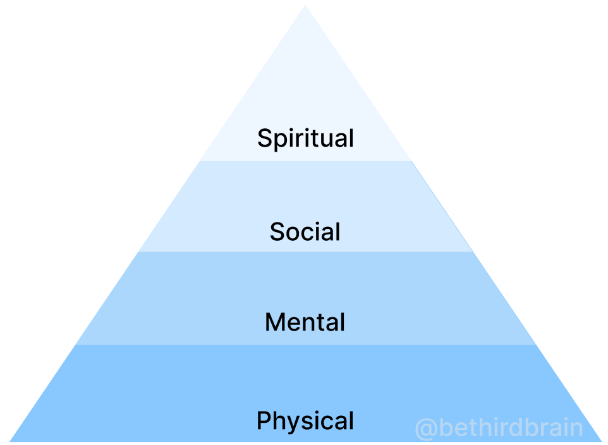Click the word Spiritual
305,138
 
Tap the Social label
305,231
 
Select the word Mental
305,322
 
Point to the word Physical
305,421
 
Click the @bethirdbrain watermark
499,428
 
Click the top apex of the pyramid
305,6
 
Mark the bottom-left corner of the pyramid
11,441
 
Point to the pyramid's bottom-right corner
600,441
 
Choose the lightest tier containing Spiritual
305,95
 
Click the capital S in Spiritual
265,138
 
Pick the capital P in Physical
264,420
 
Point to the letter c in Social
310,233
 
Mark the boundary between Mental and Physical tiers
305,345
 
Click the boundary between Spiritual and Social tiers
305,161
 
